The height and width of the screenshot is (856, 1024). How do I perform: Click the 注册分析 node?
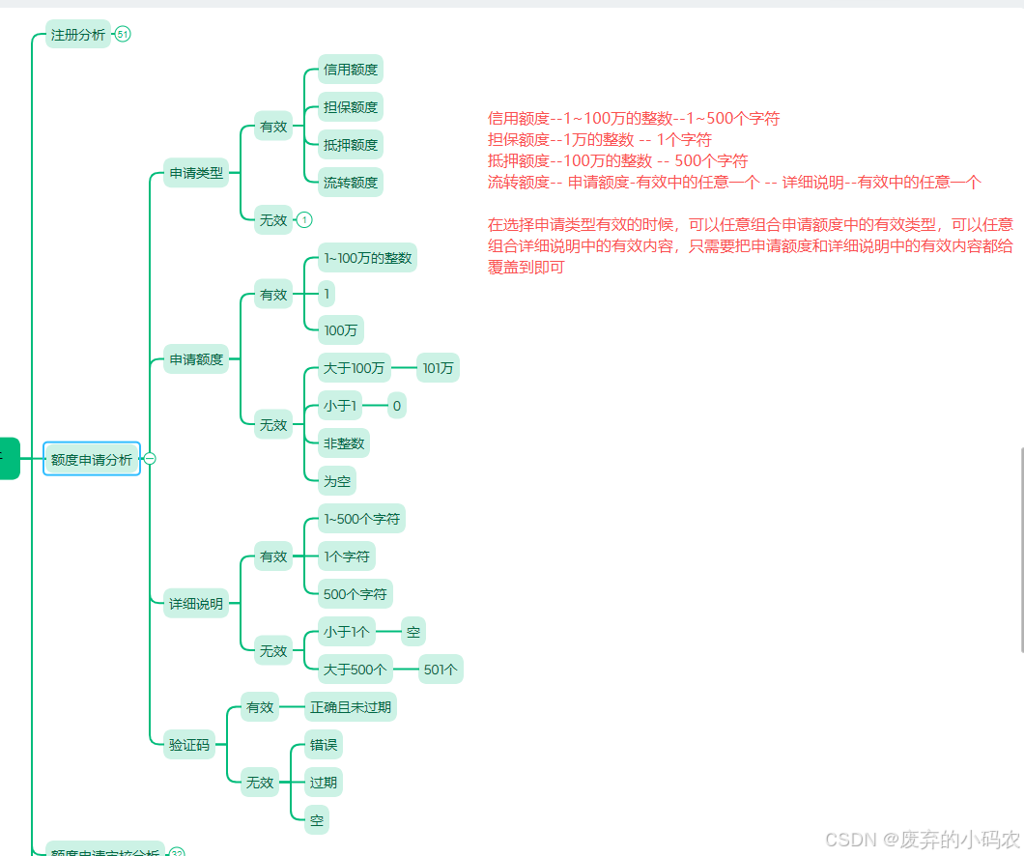pos(78,35)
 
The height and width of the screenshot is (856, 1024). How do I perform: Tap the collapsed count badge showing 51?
pos(123,35)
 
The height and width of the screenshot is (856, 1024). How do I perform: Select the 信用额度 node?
pos(351,70)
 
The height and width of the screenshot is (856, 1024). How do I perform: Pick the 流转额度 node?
pos(351,182)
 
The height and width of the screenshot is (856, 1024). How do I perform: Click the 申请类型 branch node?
pos(196,174)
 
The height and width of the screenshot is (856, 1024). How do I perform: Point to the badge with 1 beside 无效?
pos(304,220)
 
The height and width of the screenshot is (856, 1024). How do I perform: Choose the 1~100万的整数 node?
pos(367,258)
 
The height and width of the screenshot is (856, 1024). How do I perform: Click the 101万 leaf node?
pos(439,368)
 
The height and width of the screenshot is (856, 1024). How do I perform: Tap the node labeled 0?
pos(396,407)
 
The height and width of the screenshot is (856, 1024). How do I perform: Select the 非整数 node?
pos(344,444)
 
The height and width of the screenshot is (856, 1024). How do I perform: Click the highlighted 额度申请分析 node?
pos(92,460)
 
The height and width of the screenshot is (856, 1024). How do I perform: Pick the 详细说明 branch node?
pos(196,605)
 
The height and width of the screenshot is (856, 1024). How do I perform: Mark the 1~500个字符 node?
pos(361,519)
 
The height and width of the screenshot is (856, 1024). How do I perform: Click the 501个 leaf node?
pos(441,669)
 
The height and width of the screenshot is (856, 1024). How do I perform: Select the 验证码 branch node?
pos(188,744)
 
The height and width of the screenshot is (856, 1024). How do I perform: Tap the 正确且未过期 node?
pos(350,707)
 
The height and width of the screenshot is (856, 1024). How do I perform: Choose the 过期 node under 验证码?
pos(323,783)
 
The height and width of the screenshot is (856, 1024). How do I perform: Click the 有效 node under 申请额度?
pos(273,295)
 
